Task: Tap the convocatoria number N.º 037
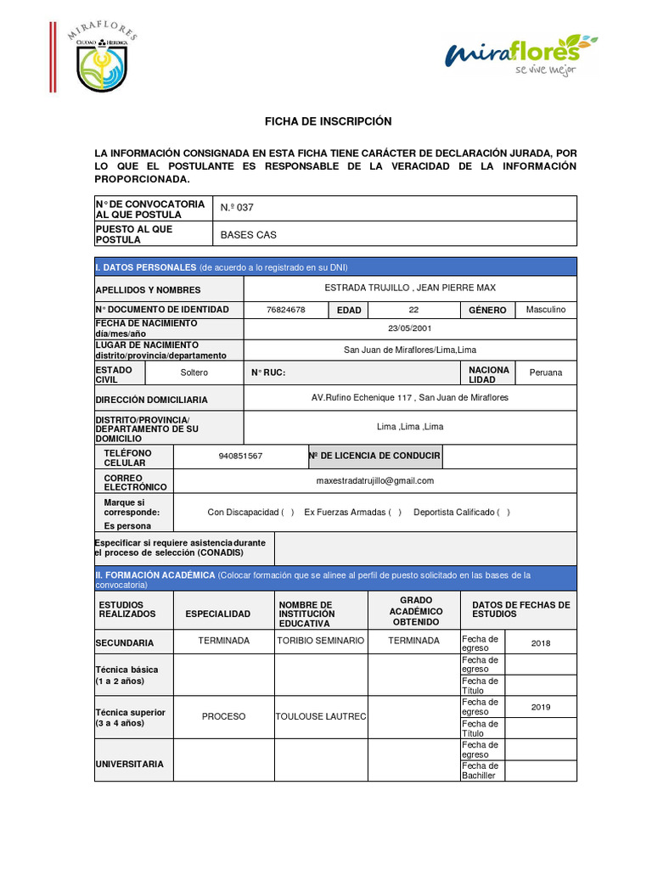coord(237,208)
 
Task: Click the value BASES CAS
coord(248,234)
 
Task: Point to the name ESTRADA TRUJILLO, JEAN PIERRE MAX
coord(410,289)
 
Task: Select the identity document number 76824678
coord(285,310)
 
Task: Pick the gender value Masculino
coord(545,310)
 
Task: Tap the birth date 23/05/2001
coord(410,328)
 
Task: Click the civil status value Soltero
coord(194,373)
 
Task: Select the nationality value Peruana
coord(545,373)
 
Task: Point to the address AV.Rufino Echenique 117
coord(410,397)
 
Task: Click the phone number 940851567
coord(240,456)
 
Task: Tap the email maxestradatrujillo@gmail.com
coord(374,480)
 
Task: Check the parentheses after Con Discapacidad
coord(288,512)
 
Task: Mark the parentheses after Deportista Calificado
coord(503,512)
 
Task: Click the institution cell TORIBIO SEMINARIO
coord(321,640)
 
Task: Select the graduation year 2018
coord(541,643)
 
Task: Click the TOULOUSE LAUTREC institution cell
coord(321,716)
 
